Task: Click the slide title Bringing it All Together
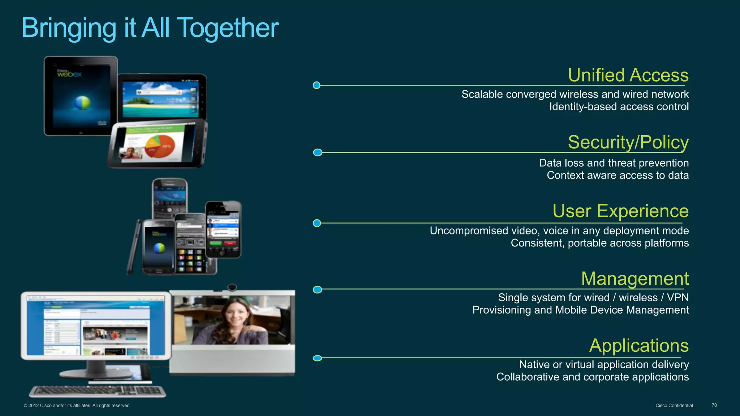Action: pyautogui.click(x=150, y=28)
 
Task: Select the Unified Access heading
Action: pyautogui.click(x=628, y=75)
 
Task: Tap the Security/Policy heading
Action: pyautogui.click(x=628, y=142)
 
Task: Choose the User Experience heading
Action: pyautogui.click(x=620, y=211)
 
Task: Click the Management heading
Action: pyautogui.click(x=635, y=279)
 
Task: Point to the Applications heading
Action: pyautogui.click(x=639, y=346)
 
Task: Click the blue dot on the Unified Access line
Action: pyautogui.click(x=317, y=86)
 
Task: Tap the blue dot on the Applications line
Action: pyautogui.click(x=317, y=358)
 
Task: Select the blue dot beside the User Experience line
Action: pyautogui.click(x=317, y=223)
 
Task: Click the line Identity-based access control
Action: pyautogui.click(x=619, y=107)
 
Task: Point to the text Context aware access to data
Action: pyautogui.click(x=618, y=175)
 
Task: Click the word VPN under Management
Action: pyautogui.click(x=677, y=298)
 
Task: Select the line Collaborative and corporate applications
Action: pyautogui.click(x=592, y=377)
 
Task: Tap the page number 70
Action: pyautogui.click(x=714, y=405)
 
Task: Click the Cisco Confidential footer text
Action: pyautogui.click(x=674, y=406)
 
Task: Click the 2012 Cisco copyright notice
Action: pyautogui.click(x=77, y=406)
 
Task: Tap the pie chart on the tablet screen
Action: pyautogui.click(x=160, y=146)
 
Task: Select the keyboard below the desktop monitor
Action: pyautogui.click(x=98, y=391)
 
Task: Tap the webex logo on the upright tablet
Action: pyautogui.click(x=69, y=74)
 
